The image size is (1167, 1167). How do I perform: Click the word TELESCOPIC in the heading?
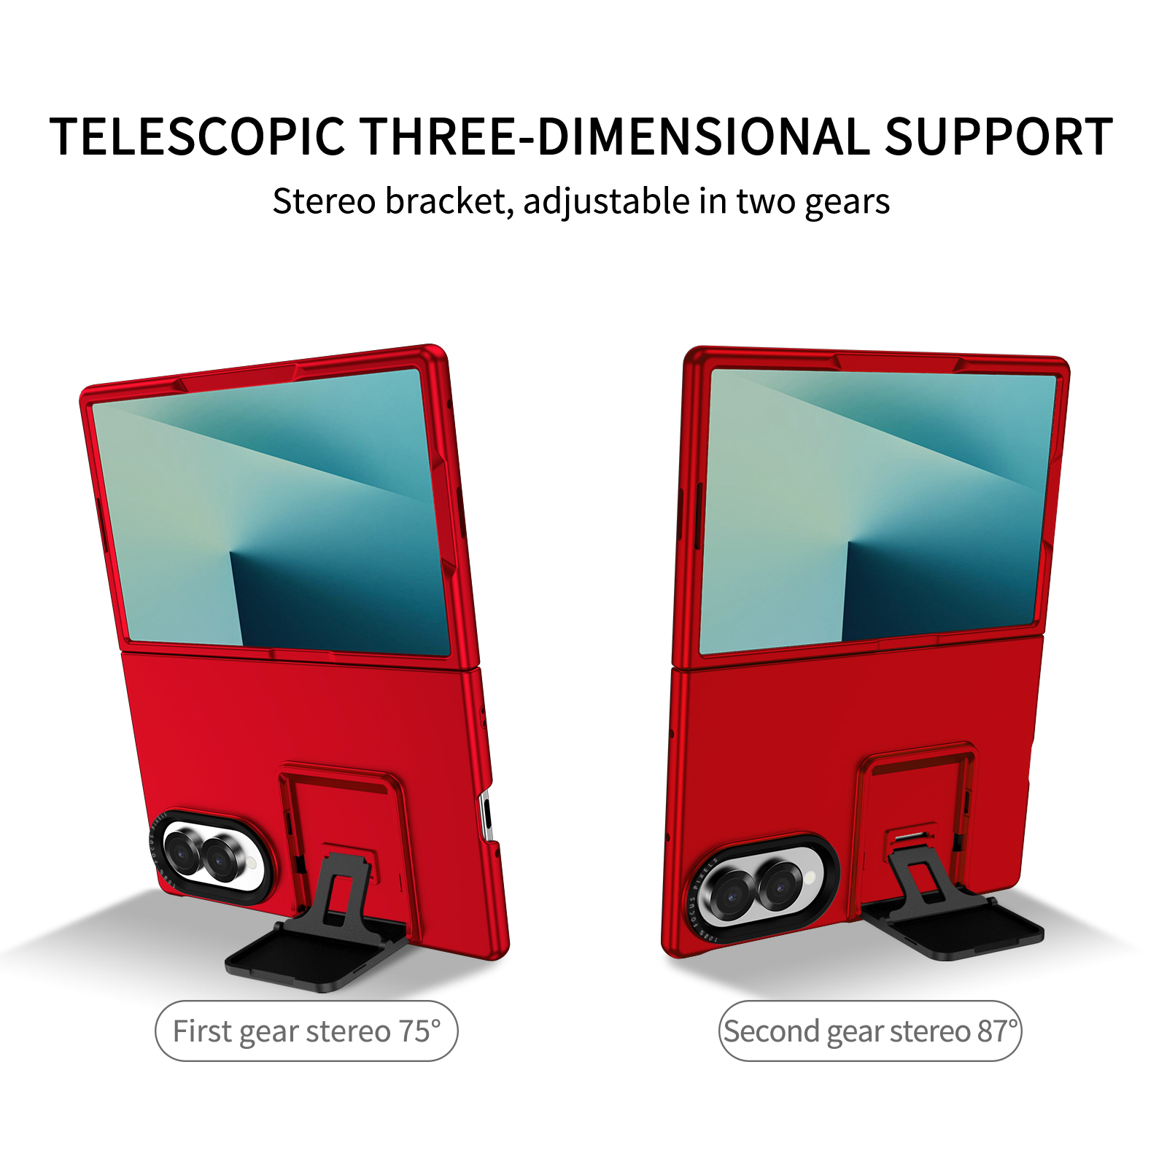[x=197, y=137]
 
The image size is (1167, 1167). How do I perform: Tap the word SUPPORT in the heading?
[x=999, y=137]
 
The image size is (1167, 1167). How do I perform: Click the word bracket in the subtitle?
[x=445, y=201]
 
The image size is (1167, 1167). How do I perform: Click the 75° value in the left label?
[x=419, y=1031]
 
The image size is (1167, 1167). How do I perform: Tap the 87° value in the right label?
[x=997, y=1031]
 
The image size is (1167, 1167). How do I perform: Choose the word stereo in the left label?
[x=349, y=1031]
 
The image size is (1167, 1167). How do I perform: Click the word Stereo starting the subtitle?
[x=325, y=201]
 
